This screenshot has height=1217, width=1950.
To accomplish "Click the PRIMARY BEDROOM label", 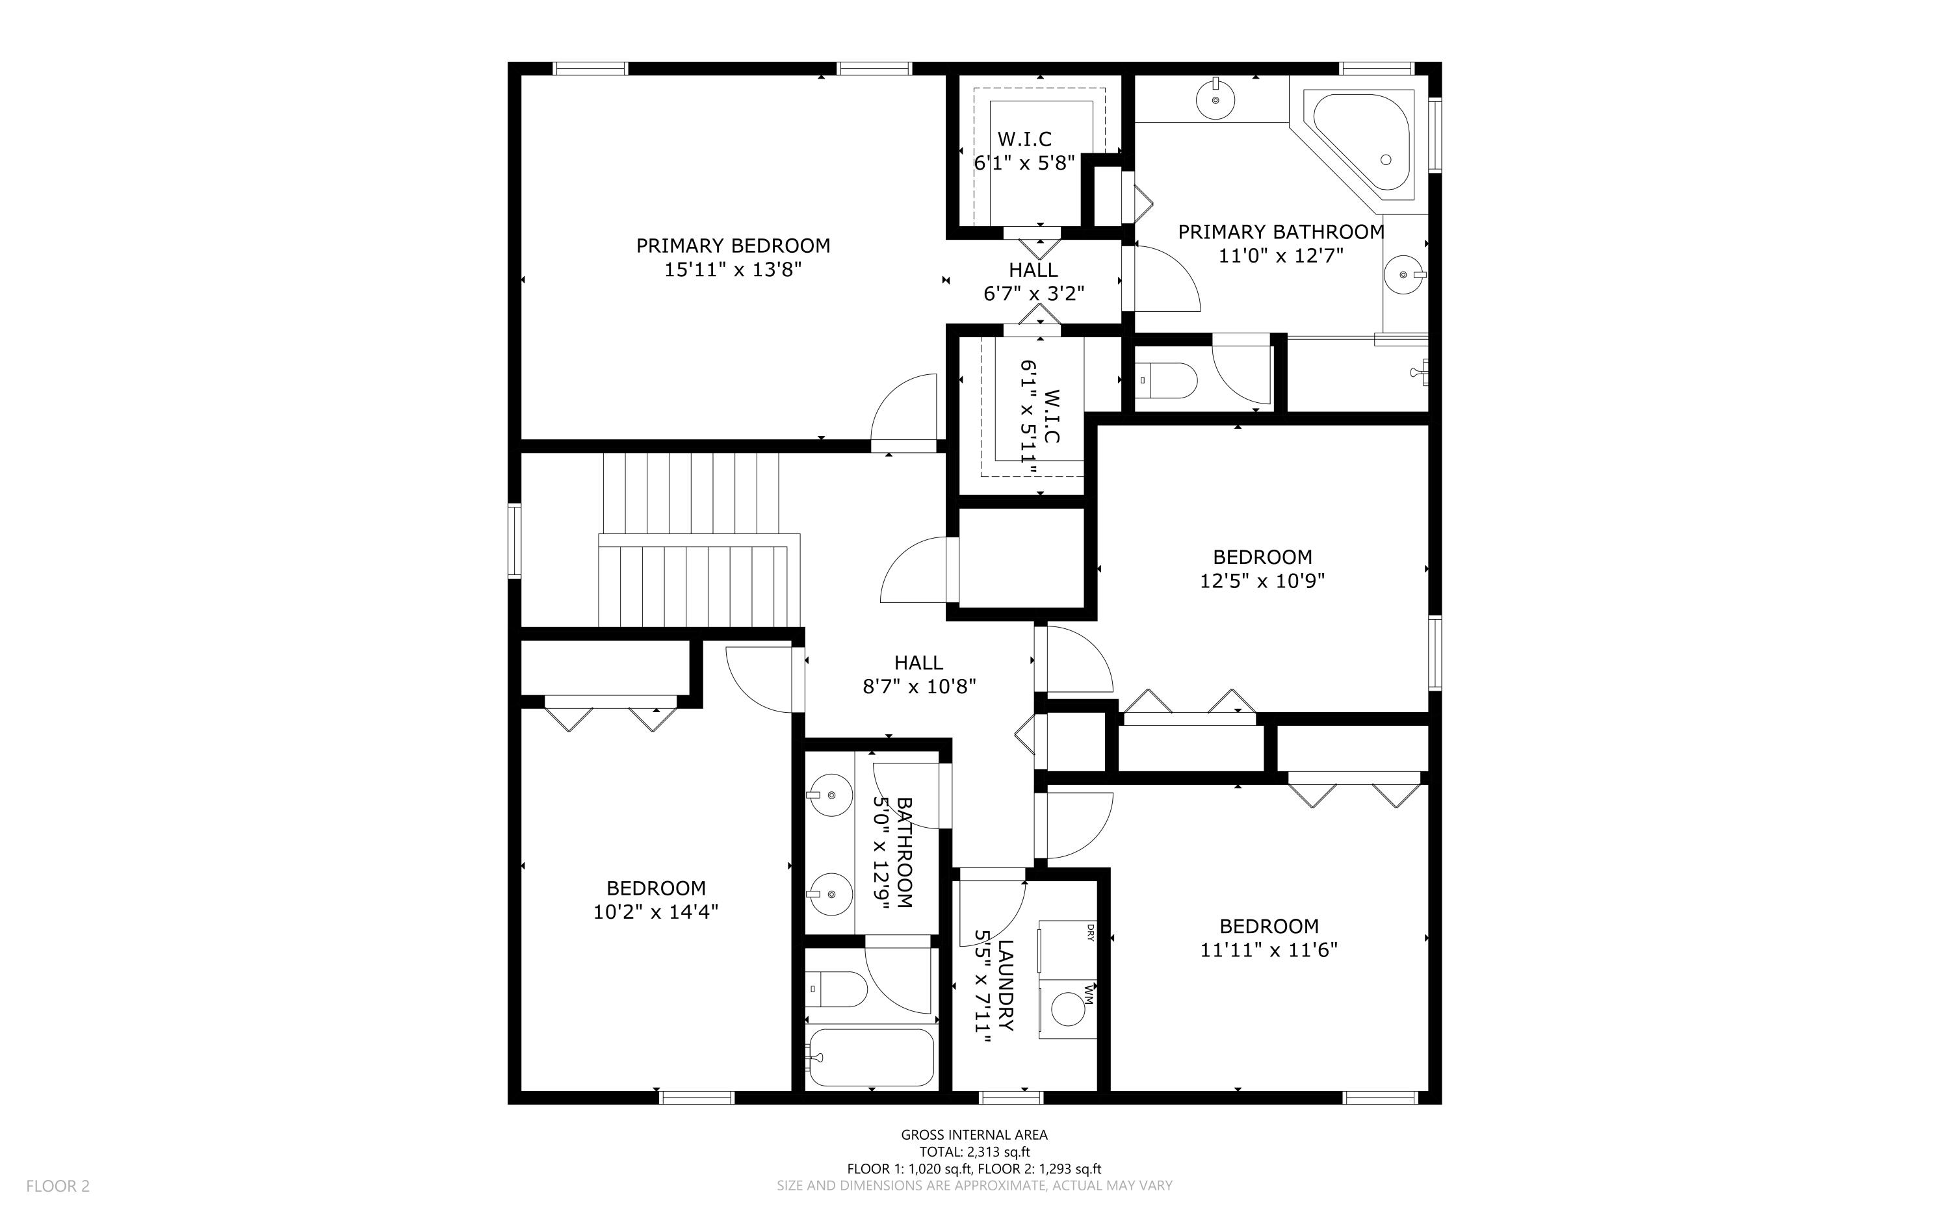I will click(x=733, y=246).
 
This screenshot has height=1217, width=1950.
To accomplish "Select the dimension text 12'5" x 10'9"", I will click(x=1262, y=580).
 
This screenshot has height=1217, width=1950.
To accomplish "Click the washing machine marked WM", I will click(x=1067, y=1008).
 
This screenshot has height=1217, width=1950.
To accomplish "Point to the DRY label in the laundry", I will click(x=1090, y=932).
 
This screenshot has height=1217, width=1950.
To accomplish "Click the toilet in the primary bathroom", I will click(x=1167, y=380).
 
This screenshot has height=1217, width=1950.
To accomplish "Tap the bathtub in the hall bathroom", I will click(x=871, y=1057).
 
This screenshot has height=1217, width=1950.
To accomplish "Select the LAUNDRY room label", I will click(x=1005, y=985).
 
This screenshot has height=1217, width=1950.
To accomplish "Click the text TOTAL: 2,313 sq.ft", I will click(x=974, y=1152).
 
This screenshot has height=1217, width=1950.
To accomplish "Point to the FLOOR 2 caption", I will click(x=58, y=1186).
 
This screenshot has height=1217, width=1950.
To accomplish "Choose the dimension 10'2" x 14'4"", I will click(x=655, y=912).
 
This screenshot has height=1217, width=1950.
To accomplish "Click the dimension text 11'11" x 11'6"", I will click(x=1268, y=950).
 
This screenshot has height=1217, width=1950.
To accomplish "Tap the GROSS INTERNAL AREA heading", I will click(x=974, y=1135).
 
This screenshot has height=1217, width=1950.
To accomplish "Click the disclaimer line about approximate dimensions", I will click(x=974, y=1186).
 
